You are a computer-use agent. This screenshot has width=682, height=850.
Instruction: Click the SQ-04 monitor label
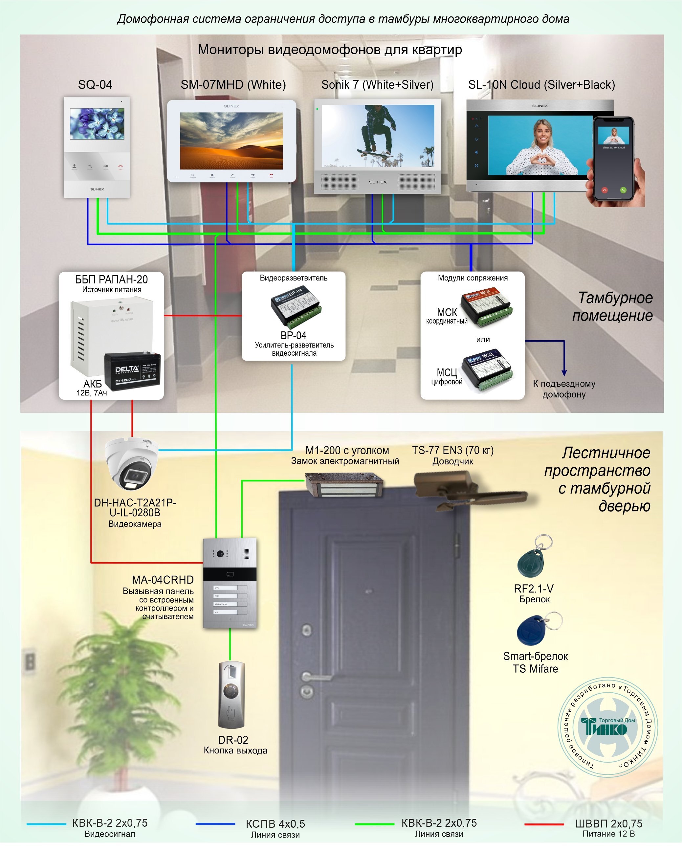(95, 85)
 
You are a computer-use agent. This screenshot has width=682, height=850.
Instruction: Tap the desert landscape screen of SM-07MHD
(231, 141)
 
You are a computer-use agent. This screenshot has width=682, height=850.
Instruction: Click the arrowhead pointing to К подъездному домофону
(564, 373)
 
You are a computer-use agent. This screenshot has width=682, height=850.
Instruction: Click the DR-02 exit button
(231, 695)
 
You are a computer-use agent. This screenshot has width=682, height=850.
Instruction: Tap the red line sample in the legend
(544, 824)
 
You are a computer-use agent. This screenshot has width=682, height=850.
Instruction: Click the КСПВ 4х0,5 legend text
(275, 824)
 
